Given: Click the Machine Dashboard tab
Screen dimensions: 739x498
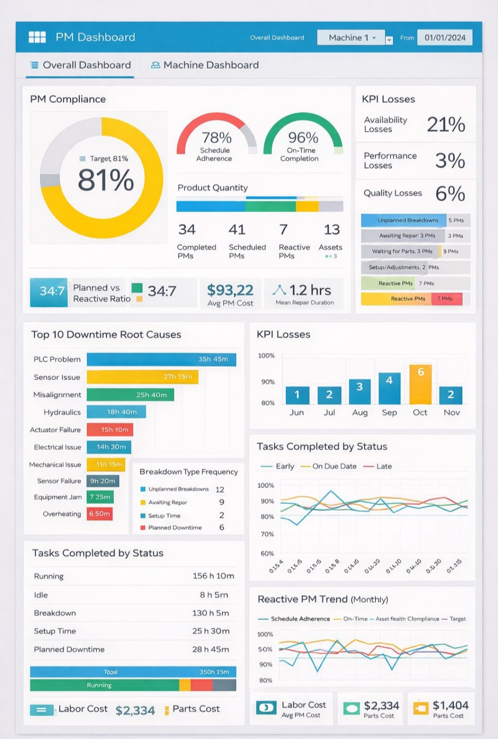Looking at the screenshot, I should coord(205,65).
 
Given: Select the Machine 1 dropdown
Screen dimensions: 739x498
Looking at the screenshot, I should coord(351,38).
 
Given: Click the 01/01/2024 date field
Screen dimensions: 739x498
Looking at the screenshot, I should coord(445,38).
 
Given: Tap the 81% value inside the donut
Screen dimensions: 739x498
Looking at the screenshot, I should coord(106,180).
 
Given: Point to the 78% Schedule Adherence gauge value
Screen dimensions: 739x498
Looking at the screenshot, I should coord(217,137).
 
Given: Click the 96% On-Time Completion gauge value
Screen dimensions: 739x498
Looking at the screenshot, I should coord(303,137).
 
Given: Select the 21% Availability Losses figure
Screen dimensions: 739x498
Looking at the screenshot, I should coord(446,124).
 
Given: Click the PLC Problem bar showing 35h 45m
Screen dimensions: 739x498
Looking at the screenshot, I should coord(161,359).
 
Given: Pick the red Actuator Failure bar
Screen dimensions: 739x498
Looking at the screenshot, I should coord(110,429).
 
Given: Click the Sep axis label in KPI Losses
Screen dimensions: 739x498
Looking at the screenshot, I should coord(389,412).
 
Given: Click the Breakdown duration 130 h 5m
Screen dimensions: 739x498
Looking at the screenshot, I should coord(210,613).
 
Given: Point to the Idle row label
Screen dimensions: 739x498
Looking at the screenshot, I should coord(41,595).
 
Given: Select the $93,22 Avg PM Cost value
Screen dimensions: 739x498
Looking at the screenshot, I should coord(230,290).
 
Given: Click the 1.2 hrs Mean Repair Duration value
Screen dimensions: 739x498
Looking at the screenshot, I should coord(310,290).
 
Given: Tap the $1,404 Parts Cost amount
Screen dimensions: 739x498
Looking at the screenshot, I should coord(451,705).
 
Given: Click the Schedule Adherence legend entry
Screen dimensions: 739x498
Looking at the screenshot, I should coord(300,619).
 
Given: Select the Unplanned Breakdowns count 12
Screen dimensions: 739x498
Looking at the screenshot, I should coord(220,489).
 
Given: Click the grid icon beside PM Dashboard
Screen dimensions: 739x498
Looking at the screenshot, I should coord(37,37).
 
